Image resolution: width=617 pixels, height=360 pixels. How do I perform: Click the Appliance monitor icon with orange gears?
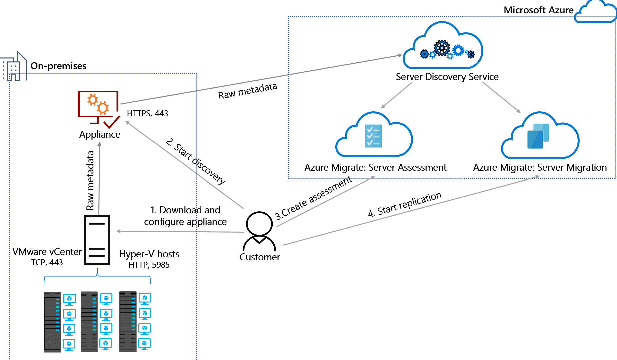[x=98, y=106]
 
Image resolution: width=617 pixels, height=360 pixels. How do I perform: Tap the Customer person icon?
[x=259, y=231]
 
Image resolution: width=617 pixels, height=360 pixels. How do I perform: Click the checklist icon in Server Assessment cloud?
[x=373, y=136]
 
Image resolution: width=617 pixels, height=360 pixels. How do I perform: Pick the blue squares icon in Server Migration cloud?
[x=538, y=136]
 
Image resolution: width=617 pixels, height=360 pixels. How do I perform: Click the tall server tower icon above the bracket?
[x=97, y=240]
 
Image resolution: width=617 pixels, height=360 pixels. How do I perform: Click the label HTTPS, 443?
[x=147, y=114]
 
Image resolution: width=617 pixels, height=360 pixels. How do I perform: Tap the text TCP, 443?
[x=47, y=263]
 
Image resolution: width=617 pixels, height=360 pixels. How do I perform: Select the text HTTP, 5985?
[x=149, y=265]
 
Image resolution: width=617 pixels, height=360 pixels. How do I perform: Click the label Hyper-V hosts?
[x=149, y=254]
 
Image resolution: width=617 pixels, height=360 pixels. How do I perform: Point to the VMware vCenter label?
[x=47, y=252]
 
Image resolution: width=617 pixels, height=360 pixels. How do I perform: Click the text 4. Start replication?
[x=405, y=204]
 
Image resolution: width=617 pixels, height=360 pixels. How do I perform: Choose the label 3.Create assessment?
[x=313, y=198]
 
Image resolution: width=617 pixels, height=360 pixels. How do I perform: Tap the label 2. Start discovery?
[x=195, y=161]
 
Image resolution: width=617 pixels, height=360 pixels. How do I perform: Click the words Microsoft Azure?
[x=538, y=10]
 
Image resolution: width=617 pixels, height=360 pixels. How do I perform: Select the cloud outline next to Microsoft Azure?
[x=596, y=12]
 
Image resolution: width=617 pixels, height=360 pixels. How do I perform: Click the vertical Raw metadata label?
[x=90, y=180]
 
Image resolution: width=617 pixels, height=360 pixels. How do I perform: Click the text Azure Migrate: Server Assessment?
[x=375, y=167]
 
